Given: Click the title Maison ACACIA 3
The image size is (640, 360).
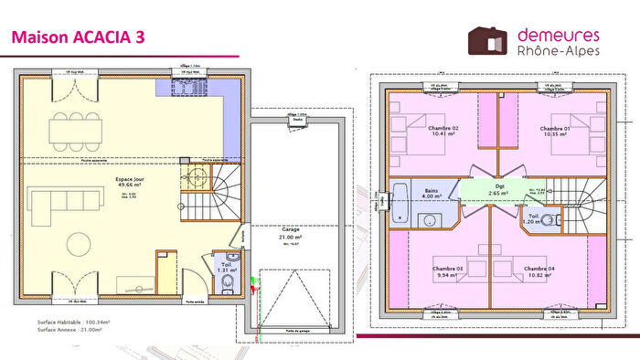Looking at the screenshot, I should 77,37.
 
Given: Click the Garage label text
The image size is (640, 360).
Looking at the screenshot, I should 292,230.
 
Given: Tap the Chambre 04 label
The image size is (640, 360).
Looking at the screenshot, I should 539,269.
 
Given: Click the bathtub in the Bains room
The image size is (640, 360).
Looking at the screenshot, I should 400,203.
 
